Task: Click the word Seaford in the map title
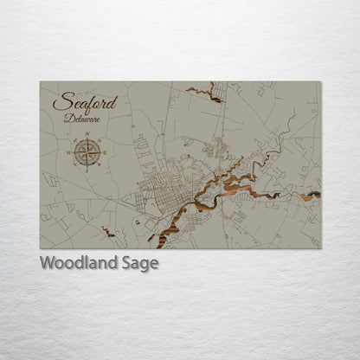click(85, 102)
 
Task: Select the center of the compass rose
click(87, 153)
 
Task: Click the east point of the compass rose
click(106, 153)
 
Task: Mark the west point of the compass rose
click(69, 153)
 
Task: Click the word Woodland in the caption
click(82, 263)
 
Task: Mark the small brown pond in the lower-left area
click(107, 231)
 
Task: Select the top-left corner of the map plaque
click(41, 82)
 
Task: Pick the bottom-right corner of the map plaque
click(320, 248)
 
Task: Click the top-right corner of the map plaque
click(320, 82)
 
